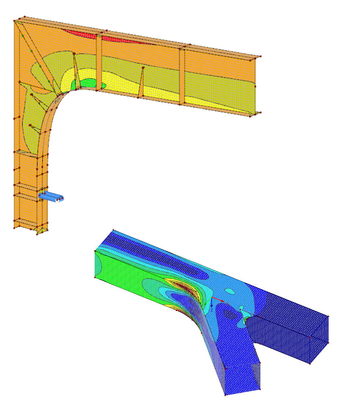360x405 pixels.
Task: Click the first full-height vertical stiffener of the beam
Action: pos(99,62)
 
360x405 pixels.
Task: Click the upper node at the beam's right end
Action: pos(260,56)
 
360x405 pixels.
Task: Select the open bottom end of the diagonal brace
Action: pos(242,377)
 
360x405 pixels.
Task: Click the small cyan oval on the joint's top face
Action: pos(230,291)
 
